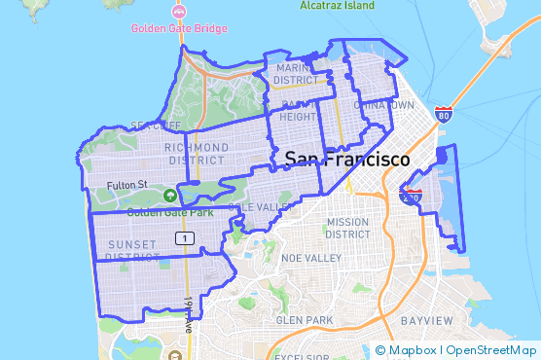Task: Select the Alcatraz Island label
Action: tap(336, 5)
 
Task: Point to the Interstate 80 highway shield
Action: tap(443, 115)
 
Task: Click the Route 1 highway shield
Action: tap(182, 238)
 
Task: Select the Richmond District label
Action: tap(198, 154)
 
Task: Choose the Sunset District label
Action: tap(133, 250)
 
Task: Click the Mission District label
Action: tap(347, 228)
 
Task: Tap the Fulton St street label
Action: tap(126, 184)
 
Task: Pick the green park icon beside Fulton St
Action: tap(170, 195)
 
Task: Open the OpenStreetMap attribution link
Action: tap(491, 350)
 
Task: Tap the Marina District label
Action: tap(299, 74)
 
